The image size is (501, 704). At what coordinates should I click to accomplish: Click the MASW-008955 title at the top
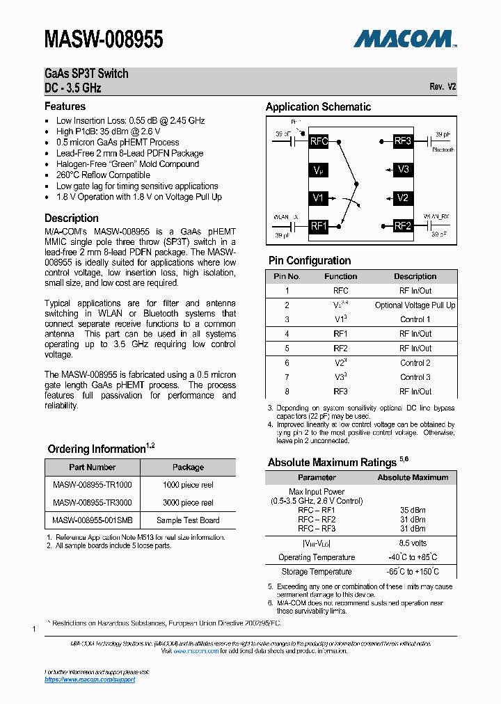[104, 40]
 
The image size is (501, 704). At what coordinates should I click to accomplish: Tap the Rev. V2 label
[443, 87]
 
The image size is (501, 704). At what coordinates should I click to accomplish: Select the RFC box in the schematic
[319, 141]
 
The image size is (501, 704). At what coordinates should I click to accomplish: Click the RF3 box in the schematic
[403, 141]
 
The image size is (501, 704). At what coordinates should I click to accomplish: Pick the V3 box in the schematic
[403, 170]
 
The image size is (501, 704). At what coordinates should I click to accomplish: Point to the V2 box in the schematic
[403, 198]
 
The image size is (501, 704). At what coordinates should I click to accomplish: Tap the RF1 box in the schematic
[319, 226]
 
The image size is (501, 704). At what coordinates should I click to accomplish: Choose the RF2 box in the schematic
[403, 226]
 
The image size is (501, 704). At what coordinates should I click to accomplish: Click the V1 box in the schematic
[319, 198]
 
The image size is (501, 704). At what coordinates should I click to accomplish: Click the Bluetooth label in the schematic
[443, 150]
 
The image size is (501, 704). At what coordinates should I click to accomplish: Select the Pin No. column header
[287, 276]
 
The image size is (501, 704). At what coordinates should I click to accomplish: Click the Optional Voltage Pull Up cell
[415, 305]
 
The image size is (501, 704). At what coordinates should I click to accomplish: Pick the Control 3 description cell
[415, 377]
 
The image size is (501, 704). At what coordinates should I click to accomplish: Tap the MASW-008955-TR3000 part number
[93, 502]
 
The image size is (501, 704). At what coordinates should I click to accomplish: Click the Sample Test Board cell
[188, 520]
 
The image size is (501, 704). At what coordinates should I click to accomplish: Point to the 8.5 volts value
[413, 543]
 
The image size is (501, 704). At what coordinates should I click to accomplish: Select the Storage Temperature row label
[317, 572]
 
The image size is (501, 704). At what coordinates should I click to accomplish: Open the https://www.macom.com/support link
[90, 679]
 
